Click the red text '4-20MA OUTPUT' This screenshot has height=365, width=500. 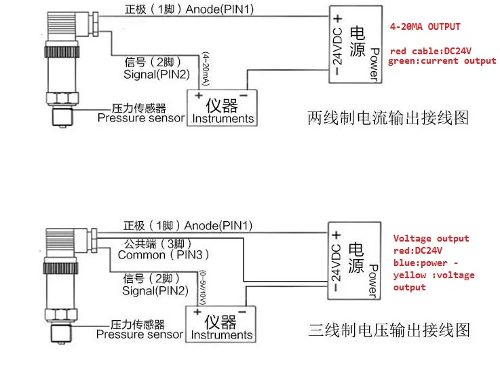(425, 26)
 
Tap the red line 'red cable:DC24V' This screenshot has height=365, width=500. (431, 51)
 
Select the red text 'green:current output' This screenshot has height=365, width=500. (442, 61)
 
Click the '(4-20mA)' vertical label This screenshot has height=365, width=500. (206, 69)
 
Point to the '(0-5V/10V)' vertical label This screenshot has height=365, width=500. (203, 288)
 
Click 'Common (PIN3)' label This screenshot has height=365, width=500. (164, 255)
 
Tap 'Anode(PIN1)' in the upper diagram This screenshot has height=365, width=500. (220, 9)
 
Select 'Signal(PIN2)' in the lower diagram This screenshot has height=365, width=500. (155, 291)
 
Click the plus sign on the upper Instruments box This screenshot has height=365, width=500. (199, 95)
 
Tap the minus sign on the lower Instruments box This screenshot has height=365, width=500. (242, 311)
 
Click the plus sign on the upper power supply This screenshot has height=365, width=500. (338, 19)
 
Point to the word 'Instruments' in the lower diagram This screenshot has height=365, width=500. (222, 335)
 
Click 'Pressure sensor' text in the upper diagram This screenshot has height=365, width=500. (141, 118)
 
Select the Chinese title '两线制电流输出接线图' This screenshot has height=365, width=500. (388, 118)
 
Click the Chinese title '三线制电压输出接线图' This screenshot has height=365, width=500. (389, 330)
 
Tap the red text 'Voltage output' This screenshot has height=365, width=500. (431, 238)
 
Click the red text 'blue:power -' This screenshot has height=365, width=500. (425, 263)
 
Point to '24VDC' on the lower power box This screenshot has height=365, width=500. (336, 263)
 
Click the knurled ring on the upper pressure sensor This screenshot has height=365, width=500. (62, 52)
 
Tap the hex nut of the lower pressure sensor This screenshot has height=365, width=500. (61, 315)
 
